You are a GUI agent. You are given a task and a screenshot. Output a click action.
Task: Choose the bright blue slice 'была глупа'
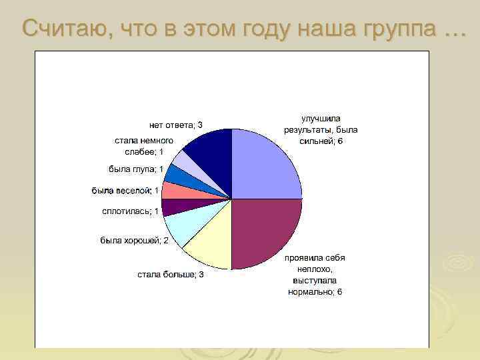click(180, 175)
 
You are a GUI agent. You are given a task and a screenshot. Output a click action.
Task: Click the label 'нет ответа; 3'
click(175, 125)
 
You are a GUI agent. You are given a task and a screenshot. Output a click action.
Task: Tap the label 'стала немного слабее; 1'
click(144, 146)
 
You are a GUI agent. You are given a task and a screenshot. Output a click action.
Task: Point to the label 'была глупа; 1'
click(136, 169)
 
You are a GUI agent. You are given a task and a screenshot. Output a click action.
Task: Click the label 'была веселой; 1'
click(125, 191)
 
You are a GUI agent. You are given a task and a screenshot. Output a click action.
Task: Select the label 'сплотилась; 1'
click(130, 211)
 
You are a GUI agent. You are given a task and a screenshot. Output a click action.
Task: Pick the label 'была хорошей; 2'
click(134, 240)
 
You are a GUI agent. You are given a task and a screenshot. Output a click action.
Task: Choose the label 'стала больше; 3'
click(170, 275)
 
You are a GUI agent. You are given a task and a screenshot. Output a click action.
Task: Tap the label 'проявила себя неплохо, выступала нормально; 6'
click(315, 275)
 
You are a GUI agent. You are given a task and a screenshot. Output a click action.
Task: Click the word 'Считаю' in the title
click(61, 28)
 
